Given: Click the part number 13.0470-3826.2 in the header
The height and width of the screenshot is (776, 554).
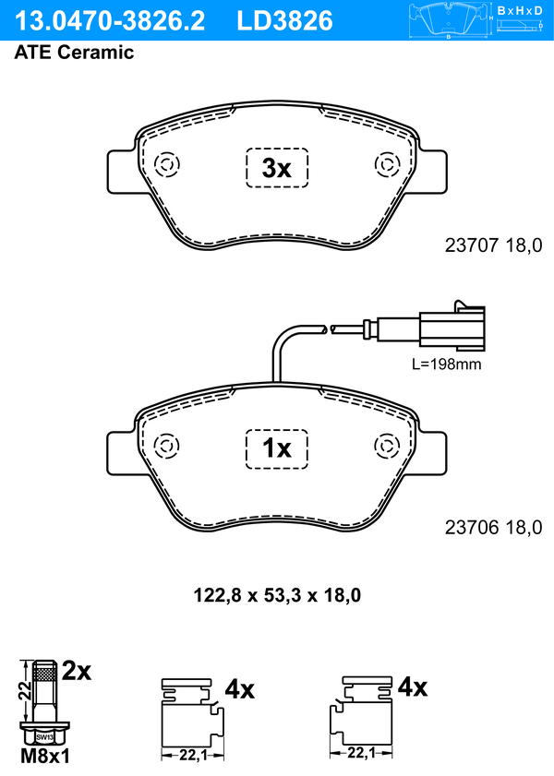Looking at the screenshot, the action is point(109,21).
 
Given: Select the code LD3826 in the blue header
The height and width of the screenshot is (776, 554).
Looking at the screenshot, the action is point(284,21).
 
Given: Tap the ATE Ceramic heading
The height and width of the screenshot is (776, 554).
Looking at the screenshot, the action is point(74,53).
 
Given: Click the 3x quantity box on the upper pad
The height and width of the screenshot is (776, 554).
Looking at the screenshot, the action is point(277,168).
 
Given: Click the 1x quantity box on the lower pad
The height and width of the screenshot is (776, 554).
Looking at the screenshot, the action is point(277,448).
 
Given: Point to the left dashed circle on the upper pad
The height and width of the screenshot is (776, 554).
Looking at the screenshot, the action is point(167,164).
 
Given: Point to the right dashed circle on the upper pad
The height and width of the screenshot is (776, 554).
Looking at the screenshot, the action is point(387,164).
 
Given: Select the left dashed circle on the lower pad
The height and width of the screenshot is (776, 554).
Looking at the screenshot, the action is point(167,446).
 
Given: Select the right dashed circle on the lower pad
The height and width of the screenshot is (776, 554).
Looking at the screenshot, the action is point(387,446).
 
